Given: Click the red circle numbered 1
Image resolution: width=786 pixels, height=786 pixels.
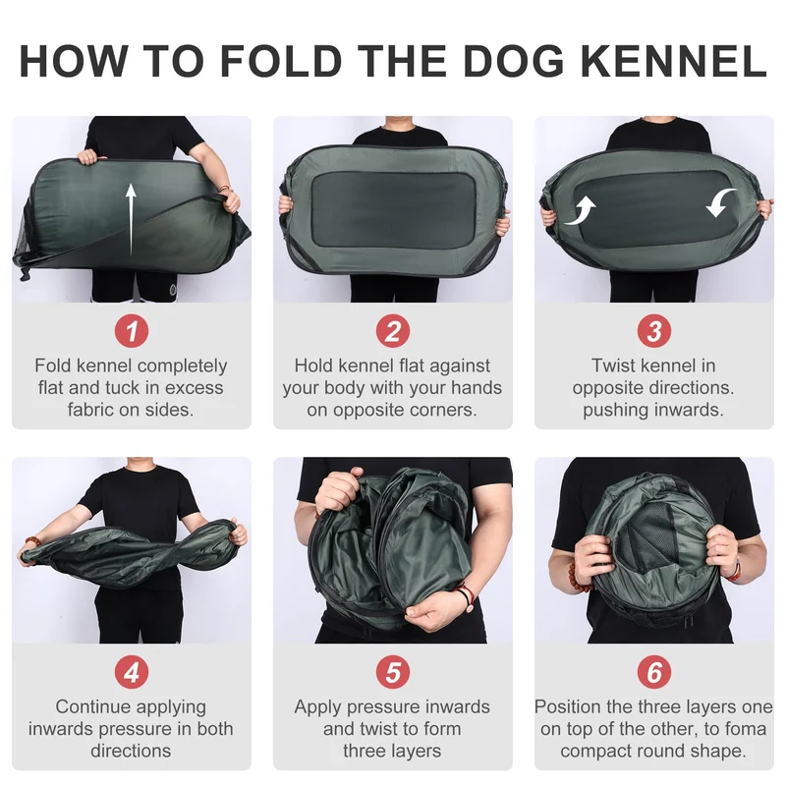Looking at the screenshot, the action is point(132,331).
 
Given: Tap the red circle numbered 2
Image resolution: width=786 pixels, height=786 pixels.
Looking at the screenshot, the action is point(393,331).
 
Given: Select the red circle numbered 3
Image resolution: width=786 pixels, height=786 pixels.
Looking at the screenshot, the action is point(654,331).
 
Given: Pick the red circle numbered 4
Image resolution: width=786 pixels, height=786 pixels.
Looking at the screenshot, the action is point(132,672).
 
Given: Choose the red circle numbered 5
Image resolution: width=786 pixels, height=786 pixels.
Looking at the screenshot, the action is point(393,672).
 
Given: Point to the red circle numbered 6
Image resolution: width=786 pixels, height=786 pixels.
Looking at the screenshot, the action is point(654,672).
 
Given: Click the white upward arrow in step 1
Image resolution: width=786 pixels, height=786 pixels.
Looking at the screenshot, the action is point(131,219).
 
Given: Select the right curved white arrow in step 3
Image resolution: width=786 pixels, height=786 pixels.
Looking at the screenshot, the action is point(721,202).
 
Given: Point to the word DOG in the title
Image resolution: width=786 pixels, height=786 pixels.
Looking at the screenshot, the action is point(513,61).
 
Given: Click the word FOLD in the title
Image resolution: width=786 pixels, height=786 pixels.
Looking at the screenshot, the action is point(281,61).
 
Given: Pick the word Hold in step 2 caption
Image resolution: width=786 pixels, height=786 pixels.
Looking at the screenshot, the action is point(312,365).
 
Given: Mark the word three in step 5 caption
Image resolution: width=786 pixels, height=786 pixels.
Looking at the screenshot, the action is point(365,751).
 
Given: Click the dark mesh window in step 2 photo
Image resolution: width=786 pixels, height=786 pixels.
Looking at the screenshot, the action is point(393,209).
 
